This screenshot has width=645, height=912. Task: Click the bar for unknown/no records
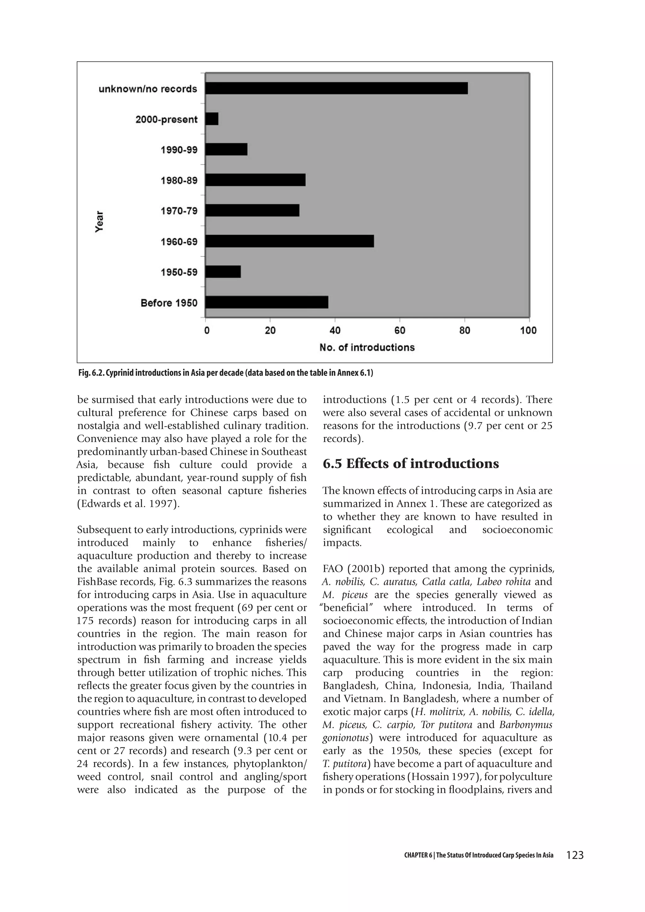336,88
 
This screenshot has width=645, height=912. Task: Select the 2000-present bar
212,119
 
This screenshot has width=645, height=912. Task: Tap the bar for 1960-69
289,241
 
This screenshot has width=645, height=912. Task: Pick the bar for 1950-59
223,272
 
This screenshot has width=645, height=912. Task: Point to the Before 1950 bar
266,302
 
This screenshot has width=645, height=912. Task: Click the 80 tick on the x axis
464,330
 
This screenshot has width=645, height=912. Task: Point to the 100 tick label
528,330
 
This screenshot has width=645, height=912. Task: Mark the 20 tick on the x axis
270,330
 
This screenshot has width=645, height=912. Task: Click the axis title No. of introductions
367,348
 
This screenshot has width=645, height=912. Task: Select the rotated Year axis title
99,221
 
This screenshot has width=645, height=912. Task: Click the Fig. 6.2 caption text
225,373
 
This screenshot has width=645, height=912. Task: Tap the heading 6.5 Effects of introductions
411,464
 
